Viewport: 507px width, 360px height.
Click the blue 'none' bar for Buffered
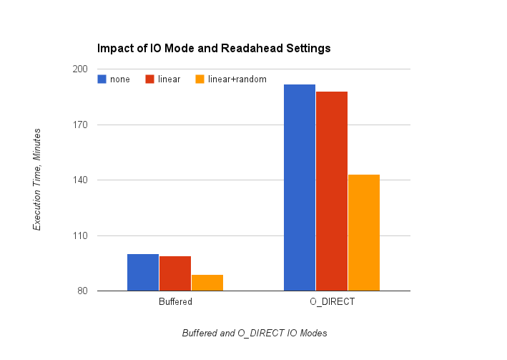tap(143, 273)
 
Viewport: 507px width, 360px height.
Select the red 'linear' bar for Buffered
tap(175, 273)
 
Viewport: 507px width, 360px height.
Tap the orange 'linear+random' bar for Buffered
tap(207, 283)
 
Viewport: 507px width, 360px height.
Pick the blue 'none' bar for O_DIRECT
tap(300, 188)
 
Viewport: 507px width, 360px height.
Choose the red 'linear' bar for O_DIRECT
tap(332, 191)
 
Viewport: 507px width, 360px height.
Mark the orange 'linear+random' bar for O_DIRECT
tap(364, 233)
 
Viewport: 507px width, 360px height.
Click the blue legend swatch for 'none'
tap(102, 79)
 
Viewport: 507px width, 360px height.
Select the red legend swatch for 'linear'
tap(150, 79)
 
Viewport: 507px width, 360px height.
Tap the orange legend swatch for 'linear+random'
tap(200, 79)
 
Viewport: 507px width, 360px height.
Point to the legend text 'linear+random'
tap(237, 79)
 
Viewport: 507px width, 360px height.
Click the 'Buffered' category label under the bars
tap(175, 303)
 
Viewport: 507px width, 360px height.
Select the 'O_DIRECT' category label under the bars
tap(332, 303)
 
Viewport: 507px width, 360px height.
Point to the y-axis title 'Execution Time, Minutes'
tap(37, 179)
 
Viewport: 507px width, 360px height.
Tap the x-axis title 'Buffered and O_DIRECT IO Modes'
tap(254, 334)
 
